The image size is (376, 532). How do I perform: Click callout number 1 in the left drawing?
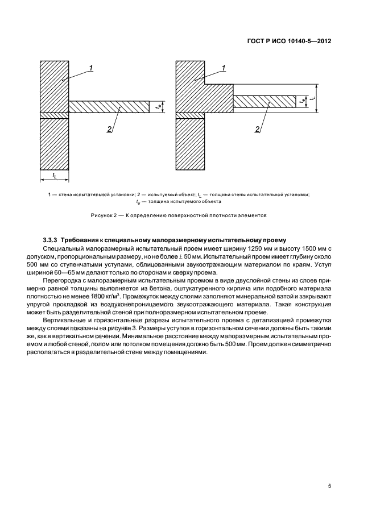(91, 69)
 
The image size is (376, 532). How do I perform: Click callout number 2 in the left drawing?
(109, 130)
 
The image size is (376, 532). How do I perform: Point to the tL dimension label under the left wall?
(54, 175)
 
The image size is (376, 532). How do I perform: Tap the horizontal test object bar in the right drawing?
(265, 101)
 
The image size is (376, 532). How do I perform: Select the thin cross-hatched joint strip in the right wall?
(190, 116)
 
